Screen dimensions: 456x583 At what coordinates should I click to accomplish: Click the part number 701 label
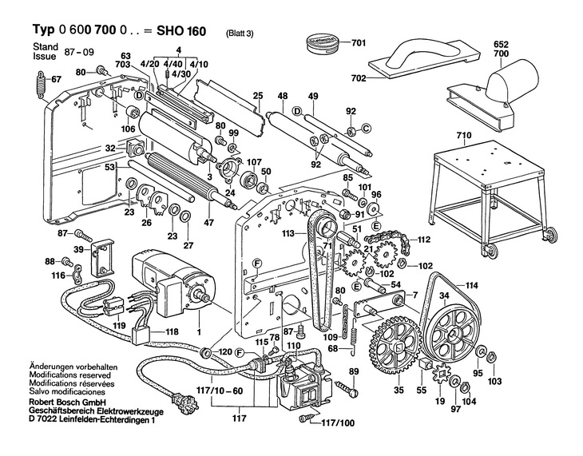click(x=358, y=42)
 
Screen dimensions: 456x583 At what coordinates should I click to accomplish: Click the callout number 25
click(x=258, y=96)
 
